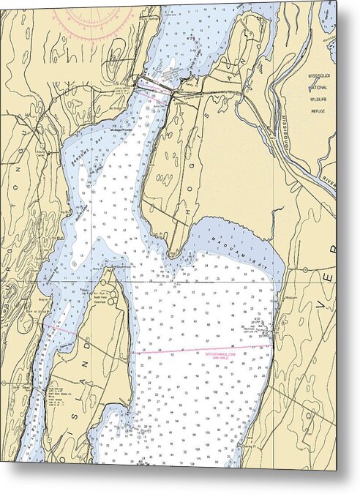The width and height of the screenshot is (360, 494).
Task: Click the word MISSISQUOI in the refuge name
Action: pyautogui.click(x=319, y=76)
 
